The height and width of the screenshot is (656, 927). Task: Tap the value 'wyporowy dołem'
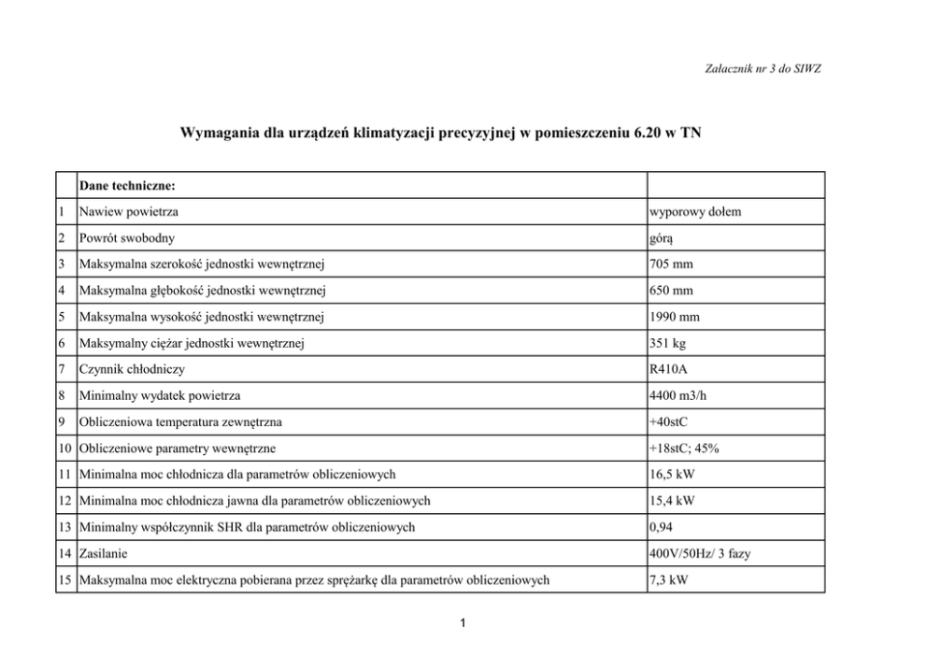695,212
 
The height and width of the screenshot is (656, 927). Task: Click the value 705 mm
673,265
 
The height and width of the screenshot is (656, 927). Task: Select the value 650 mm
673,292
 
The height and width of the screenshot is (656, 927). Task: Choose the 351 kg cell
668,344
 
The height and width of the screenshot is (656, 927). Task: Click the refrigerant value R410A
671,370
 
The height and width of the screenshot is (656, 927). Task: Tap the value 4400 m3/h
681,396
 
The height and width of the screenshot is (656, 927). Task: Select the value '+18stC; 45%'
685,449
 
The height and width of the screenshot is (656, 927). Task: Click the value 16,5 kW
674,475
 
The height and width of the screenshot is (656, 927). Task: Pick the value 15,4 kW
674,501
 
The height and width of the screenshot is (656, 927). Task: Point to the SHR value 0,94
662,527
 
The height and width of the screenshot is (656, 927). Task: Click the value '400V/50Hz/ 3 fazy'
699,553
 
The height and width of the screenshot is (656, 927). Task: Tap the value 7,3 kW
670,579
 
